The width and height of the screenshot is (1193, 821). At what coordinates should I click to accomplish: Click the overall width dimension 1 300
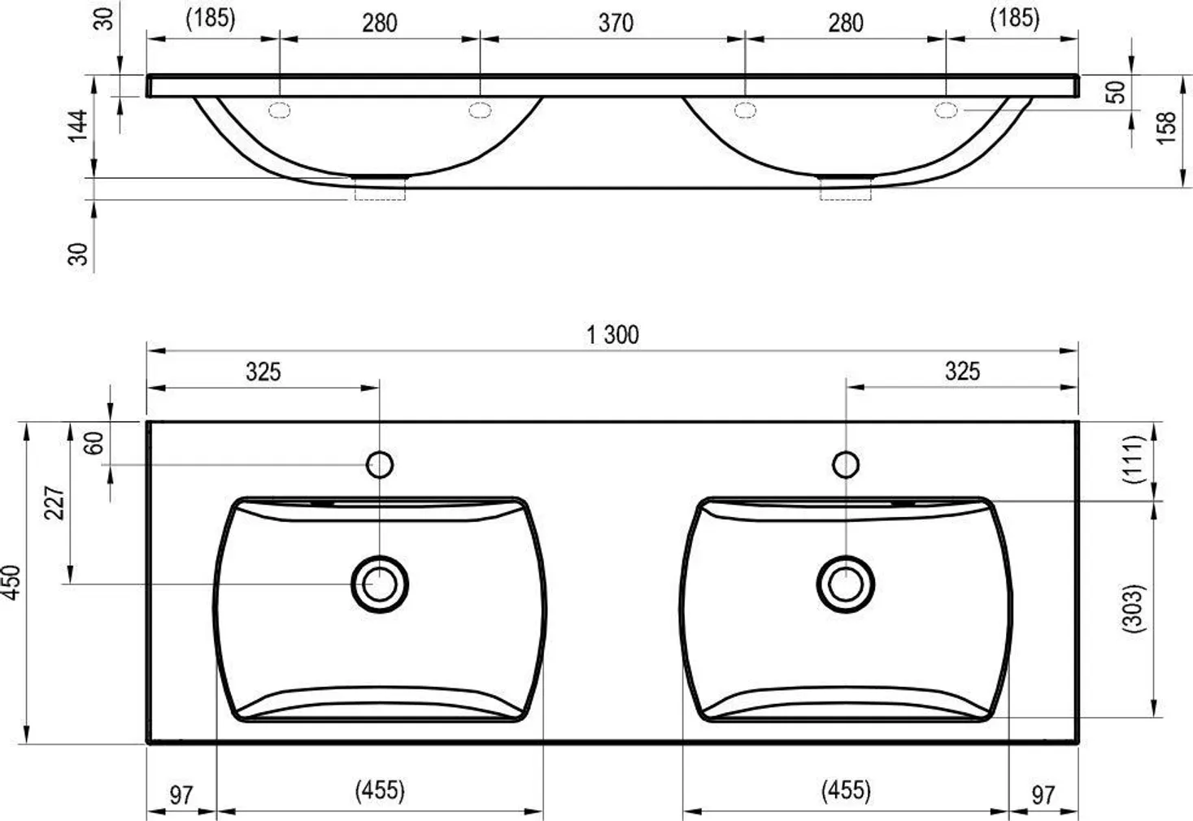612,335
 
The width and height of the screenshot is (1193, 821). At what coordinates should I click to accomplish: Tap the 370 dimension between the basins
616,23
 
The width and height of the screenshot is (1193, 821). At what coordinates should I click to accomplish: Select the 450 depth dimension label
11,583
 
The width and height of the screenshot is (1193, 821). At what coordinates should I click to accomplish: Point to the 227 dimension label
54,502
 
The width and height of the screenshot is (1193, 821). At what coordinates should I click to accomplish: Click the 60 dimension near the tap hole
94,443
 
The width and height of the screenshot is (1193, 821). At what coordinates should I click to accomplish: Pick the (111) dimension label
1133,459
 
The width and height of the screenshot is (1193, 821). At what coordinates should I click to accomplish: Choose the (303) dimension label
1133,609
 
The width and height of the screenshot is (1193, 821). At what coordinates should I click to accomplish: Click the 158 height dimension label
1166,128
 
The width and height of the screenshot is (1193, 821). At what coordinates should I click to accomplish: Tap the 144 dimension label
78,126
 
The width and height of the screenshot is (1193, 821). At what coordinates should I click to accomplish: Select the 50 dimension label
1117,92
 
